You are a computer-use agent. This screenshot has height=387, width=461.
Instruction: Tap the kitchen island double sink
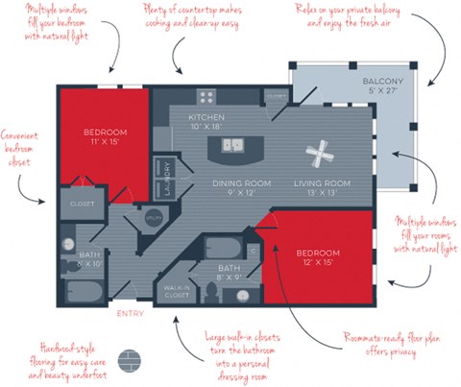click(232, 145)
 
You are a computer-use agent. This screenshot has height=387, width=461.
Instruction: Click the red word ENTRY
click(130, 314)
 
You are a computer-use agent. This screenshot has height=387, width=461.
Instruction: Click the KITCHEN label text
click(206, 116)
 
